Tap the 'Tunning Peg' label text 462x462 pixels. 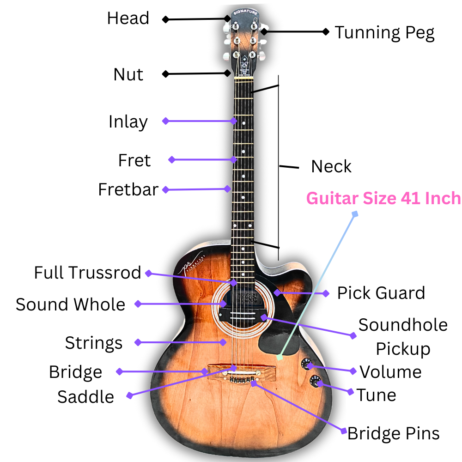tap(384, 33)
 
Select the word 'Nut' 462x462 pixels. tap(128, 74)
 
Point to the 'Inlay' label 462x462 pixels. tap(128, 122)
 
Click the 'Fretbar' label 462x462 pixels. tap(128, 189)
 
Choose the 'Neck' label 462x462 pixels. tap(331, 166)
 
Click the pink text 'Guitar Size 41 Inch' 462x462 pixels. tap(383, 199)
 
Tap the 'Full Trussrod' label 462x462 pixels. tap(87, 273)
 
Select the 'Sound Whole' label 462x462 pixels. tap(70, 304)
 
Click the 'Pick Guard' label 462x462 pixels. tap(381, 293)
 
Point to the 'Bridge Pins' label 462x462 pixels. tap(393, 433)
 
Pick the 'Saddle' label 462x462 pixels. tap(85, 397)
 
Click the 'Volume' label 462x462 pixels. tap(390, 372)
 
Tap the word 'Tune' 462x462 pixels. tap(376, 395)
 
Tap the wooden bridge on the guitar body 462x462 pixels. tap(242, 371)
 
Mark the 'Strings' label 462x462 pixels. tap(94, 343)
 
